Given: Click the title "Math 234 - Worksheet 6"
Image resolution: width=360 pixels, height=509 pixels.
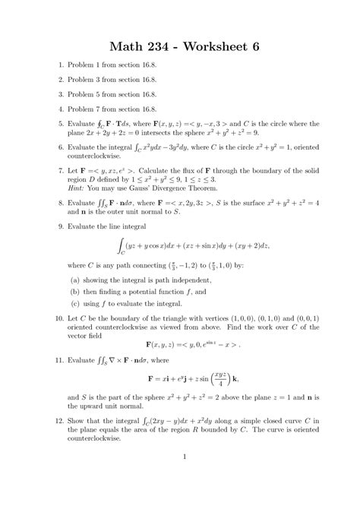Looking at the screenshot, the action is pyautogui.click(x=180, y=46).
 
